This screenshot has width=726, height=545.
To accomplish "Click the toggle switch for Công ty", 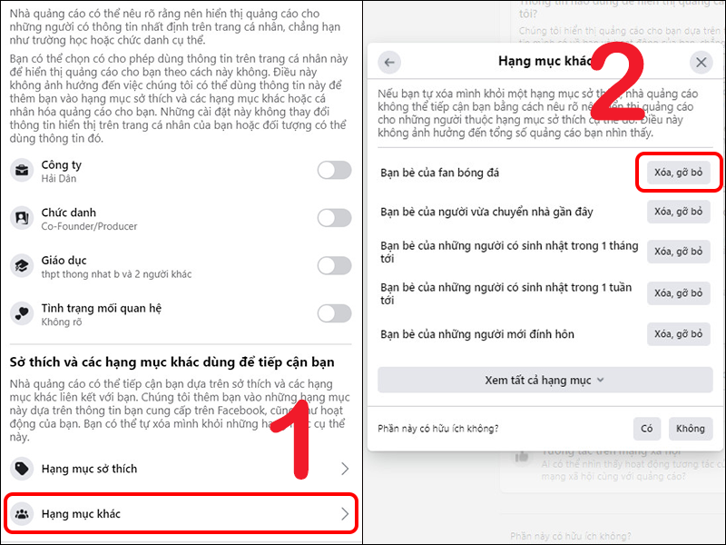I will [334, 170].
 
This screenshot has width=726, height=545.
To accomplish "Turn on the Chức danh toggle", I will [334, 218].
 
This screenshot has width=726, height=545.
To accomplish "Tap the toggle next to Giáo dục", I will [334, 266].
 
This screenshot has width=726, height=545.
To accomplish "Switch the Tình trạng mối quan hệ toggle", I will [334, 313].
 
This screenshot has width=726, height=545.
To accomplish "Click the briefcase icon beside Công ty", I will [21, 171].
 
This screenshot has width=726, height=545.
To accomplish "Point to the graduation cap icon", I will [21, 266].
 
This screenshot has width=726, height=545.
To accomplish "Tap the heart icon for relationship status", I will [21, 313].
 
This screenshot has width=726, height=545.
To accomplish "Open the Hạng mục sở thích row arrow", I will [344, 469].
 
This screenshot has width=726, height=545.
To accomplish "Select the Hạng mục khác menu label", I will [81, 514].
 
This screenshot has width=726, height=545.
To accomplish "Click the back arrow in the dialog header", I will [390, 62].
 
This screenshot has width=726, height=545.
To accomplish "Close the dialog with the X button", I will [701, 62].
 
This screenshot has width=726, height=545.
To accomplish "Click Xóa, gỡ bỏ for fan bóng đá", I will [678, 173].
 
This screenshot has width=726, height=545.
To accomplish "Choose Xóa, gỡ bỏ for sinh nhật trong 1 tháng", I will [678, 252].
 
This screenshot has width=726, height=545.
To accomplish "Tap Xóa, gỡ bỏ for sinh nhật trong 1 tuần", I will [678, 293].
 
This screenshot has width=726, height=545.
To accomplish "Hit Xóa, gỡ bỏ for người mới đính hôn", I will [678, 334].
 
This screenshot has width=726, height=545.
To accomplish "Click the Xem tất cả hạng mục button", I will [544, 380].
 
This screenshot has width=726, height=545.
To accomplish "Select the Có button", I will [647, 429].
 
